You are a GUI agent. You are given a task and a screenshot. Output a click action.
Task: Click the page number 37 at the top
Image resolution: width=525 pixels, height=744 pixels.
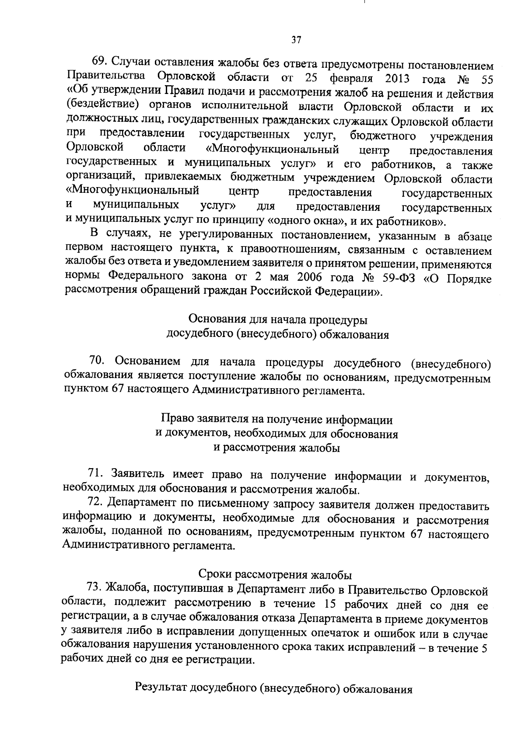tap(296, 40)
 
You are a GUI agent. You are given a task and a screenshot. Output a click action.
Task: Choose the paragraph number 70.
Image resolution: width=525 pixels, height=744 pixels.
tap(97, 362)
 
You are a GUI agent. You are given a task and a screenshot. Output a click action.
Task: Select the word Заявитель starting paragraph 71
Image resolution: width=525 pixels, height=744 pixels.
tap(138, 474)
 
